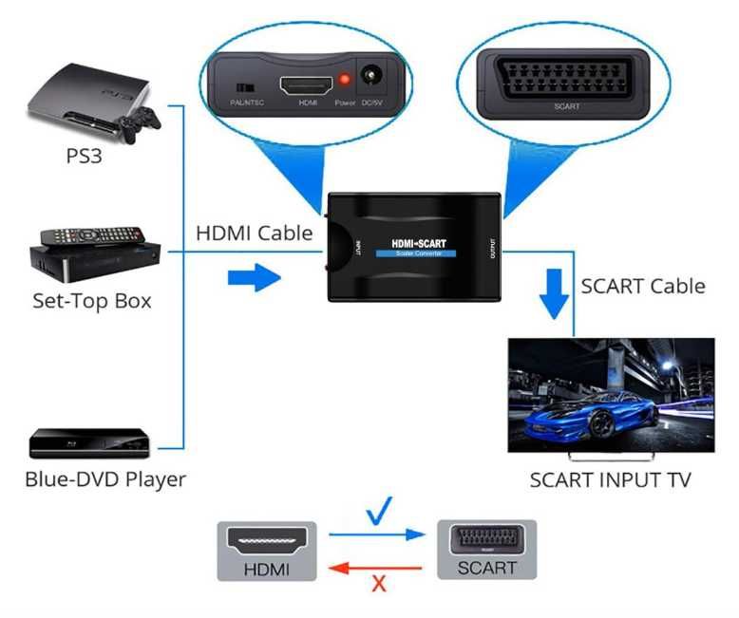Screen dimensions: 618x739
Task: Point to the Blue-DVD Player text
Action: point(104,478)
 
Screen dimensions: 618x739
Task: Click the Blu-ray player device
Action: point(89,442)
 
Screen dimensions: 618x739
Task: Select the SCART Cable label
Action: point(642,286)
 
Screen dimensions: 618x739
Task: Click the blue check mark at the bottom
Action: point(379,516)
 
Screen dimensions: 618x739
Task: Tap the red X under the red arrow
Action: point(379,584)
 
